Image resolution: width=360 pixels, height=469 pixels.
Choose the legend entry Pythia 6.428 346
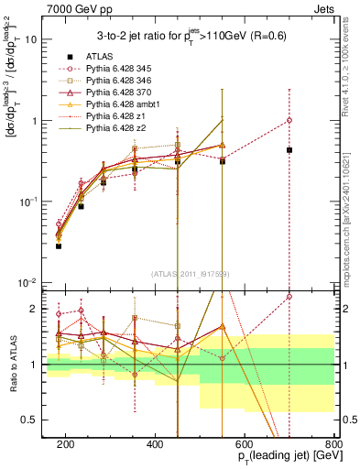point(125,81)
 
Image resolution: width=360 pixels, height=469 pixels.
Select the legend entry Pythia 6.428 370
point(125,93)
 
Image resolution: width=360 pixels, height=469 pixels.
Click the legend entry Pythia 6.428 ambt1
point(128,106)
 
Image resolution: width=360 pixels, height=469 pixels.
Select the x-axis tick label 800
point(333,444)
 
